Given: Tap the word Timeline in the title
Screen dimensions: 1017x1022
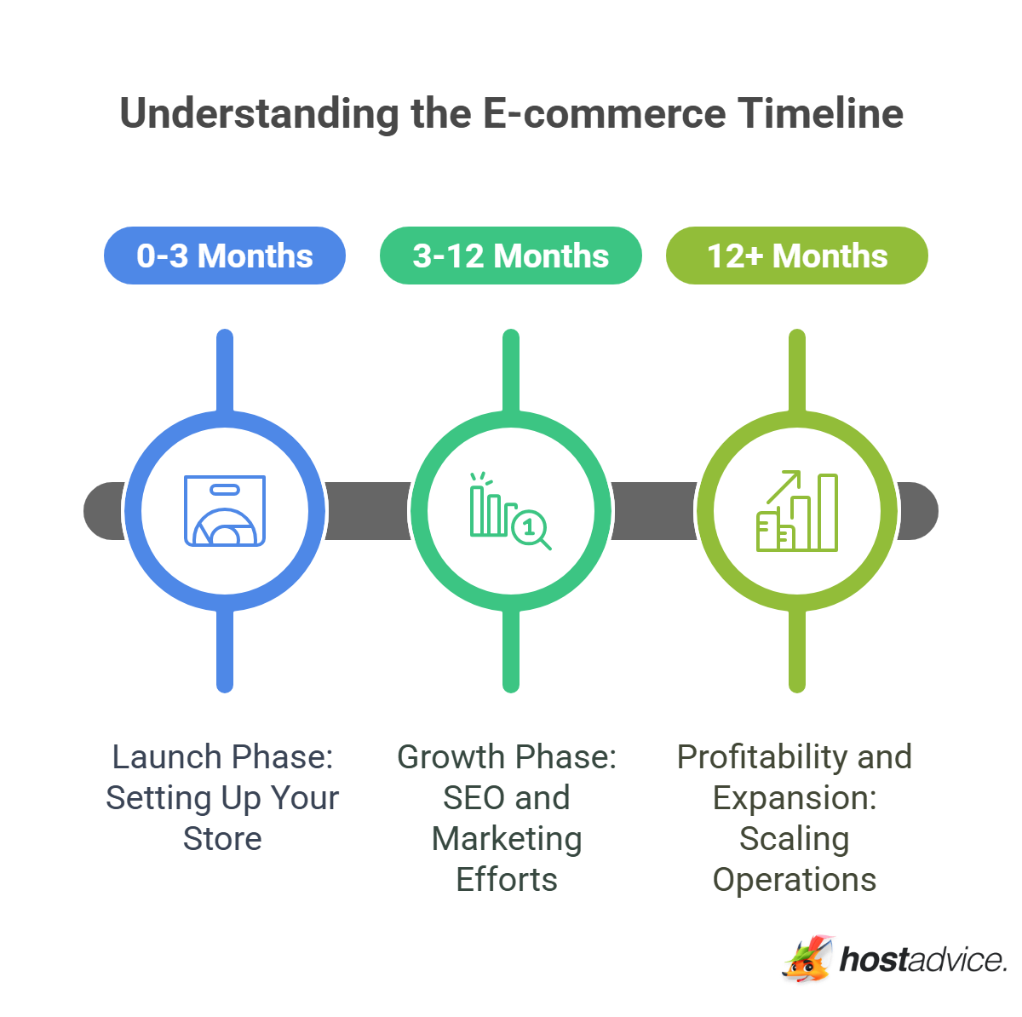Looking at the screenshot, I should click(820, 114).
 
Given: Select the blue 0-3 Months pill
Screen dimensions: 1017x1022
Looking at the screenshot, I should click(225, 256).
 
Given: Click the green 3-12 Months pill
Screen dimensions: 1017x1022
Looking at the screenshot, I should click(510, 256).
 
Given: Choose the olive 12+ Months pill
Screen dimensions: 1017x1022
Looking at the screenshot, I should click(796, 256).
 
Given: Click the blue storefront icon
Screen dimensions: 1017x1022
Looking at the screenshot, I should click(225, 510).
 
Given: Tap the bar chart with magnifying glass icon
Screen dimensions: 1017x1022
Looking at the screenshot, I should click(510, 510).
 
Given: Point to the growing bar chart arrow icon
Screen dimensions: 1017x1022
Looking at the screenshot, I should click(796, 510).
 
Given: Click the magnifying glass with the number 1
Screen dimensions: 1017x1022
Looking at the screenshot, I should click(531, 529).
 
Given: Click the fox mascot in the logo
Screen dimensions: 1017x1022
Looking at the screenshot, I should click(807, 960).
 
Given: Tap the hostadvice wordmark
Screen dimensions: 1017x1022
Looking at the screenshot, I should click(923, 960).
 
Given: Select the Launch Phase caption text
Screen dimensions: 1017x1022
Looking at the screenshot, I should click(222, 756).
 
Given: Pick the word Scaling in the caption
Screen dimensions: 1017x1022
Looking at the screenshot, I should click(794, 839).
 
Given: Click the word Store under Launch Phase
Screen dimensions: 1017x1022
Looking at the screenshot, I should click(222, 839).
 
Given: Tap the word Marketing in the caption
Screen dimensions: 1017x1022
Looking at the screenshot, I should click(507, 839).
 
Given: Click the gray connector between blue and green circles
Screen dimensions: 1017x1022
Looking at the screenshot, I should click(368, 510).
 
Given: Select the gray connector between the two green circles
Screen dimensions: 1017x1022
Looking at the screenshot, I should click(654, 510).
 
